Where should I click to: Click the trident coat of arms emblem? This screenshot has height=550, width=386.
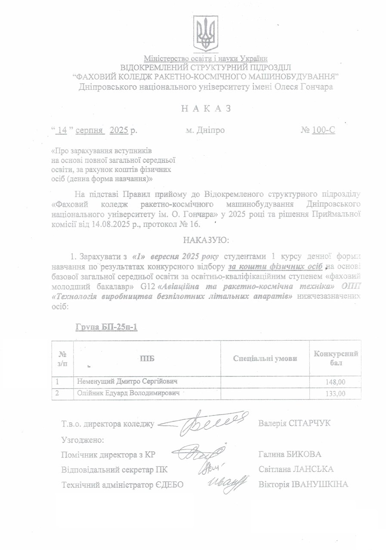click(206, 34)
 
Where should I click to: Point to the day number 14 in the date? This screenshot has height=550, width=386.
click(63, 130)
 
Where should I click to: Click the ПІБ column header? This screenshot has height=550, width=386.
click(147, 358)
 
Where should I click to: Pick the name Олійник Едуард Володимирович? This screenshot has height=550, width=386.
click(127, 393)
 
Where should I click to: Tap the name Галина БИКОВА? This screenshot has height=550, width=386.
click(290, 454)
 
